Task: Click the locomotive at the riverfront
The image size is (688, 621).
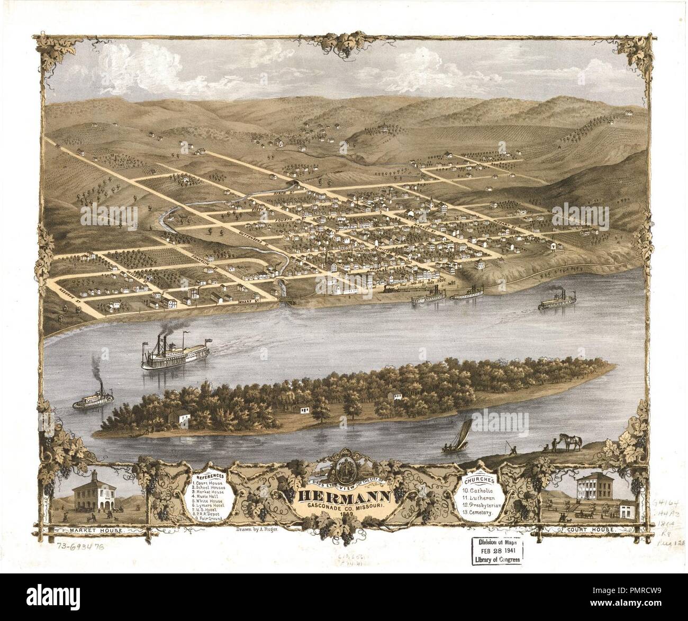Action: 390,290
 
